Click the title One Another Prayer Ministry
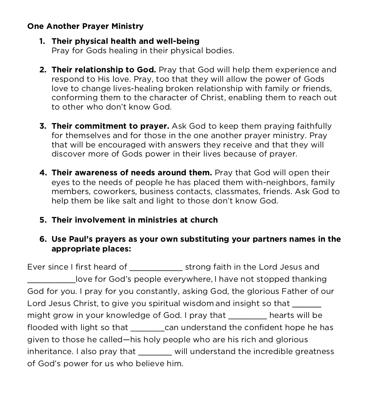coord(85,26)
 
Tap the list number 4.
coord(42,173)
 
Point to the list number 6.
coord(42,239)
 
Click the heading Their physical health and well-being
coord(125,41)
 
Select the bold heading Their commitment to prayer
coord(110,126)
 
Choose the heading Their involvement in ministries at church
coord(135,220)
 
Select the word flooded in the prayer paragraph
coord(42,328)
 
